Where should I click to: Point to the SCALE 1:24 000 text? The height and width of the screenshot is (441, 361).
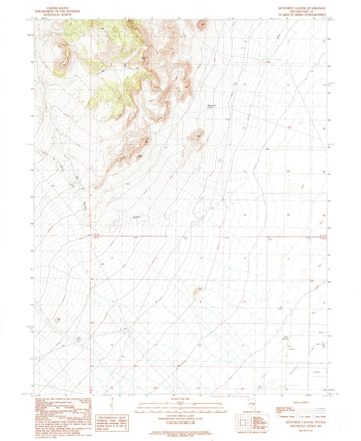pos(180,396)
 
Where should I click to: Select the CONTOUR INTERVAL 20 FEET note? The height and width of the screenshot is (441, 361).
pos(180,414)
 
